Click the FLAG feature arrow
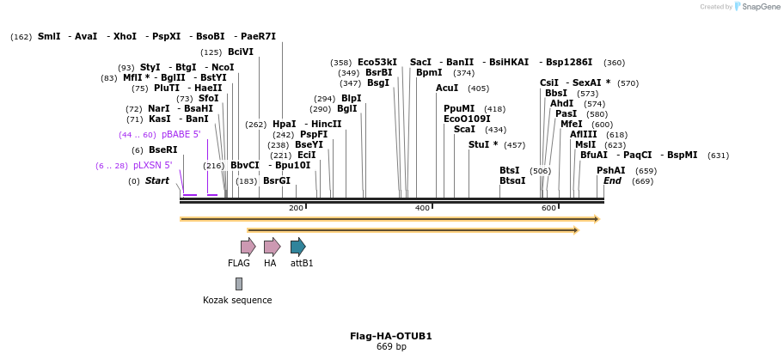(248, 247)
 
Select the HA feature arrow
(272, 247)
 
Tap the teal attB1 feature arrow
(297, 247)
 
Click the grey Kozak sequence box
(239, 284)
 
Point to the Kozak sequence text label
(237, 300)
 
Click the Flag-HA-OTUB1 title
(391, 336)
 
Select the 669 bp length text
(391, 346)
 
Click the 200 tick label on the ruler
(296, 208)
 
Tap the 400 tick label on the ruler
(422, 208)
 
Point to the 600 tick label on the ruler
(548, 208)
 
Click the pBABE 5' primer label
(181, 135)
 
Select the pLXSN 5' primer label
(152, 165)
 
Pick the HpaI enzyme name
(284, 125)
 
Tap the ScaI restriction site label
(464, 129)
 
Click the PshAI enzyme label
(611, 170)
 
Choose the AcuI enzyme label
(447, 88)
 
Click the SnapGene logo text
(756, 7)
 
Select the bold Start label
(157, 180)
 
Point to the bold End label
(612, 180)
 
